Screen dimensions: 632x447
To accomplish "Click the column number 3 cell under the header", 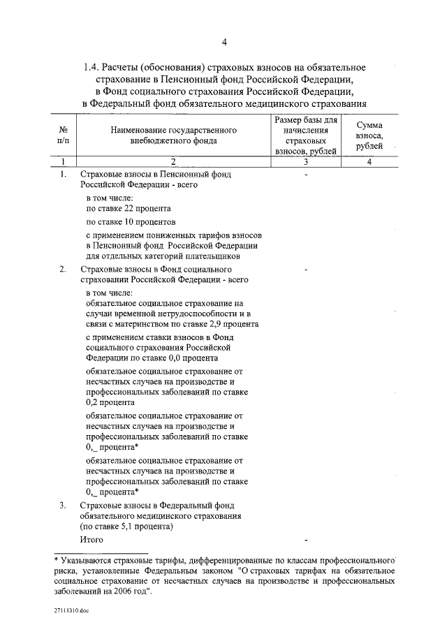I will point(306,162).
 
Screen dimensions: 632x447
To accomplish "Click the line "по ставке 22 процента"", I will point(128,208).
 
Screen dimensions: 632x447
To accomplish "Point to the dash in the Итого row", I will point(306,541).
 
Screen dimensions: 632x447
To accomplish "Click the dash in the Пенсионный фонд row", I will point(306,175).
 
